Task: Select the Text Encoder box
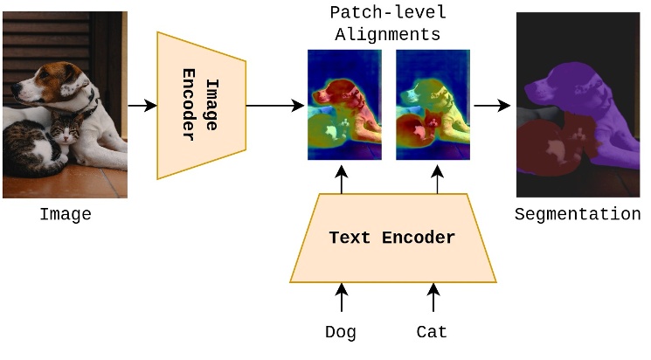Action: [392, 239]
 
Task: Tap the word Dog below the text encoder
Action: [341, 332]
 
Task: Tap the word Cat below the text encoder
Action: [432, 332]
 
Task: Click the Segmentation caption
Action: [577, 215]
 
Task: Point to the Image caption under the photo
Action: [65, 214]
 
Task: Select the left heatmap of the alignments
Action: [344, 105]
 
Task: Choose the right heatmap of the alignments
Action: [434, 105]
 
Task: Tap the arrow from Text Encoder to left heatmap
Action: [342, 178]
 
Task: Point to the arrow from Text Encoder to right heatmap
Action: [434, 178]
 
